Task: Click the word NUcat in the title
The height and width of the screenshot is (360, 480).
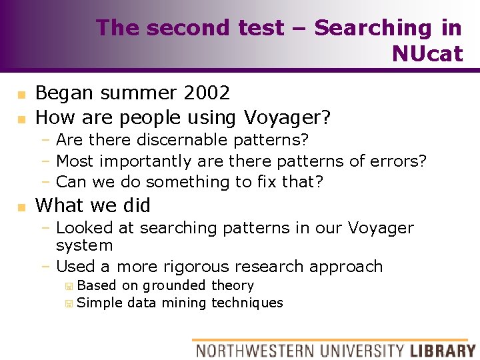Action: pyautogui.click(x=427, y=53)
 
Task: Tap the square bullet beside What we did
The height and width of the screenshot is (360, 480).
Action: pyautogui.click(x=21, y=207)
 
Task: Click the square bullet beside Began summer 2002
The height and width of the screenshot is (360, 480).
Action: pyautogui.click(x=21, y=94)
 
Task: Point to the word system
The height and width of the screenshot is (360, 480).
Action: pyautogui.click(x=85, y=245)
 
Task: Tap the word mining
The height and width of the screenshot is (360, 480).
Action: pyautogui.click(x=185, y=303)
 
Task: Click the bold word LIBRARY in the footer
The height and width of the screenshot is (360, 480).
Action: pyautogui.click(x=443, y=350)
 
